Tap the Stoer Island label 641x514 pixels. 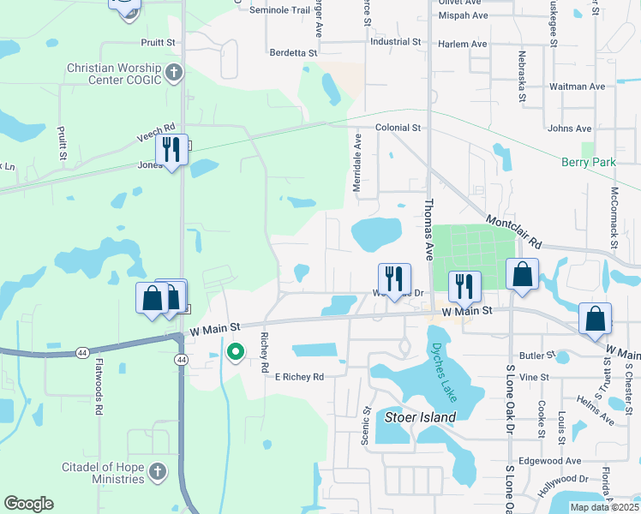(420, 417)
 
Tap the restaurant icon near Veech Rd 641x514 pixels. (171, 151)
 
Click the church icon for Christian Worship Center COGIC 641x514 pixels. (174, 72)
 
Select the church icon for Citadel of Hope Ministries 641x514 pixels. (157, 471)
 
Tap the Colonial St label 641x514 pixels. (398, 128)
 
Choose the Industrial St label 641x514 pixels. (396, 41)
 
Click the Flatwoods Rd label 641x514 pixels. (100, 391)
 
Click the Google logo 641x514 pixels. (28, 504)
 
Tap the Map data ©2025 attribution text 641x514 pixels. (602, 507)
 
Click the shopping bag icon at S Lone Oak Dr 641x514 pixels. (522, 274)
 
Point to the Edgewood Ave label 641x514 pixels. (572, 461)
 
